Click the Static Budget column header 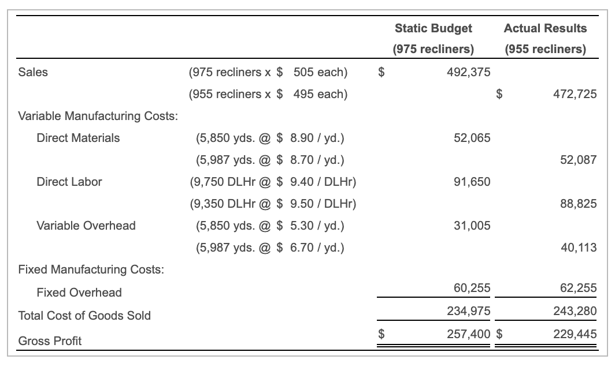tap(433, 28)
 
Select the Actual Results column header tap(545, 28)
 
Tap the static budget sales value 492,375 tap(468, 72)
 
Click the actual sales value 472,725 tap(575, 94)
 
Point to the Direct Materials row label tap(78, 138)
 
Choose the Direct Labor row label tap(69, 182)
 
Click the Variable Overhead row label tap(86, 226)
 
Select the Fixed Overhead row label tap(79, 293)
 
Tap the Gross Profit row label tap(50, 341)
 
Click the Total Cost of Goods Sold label tap(84, 316)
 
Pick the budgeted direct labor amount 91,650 tap(472, 182)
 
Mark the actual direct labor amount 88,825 tap(578, 204)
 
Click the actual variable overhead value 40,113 tap(578, 248)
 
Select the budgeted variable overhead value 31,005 tap(472, 226)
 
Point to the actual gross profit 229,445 tap(575, 334)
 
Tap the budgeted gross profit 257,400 tap(468, 334)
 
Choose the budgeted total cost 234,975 tap(468, 311)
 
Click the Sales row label tap(33, 72)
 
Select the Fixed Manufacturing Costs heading tap(91, 269)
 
